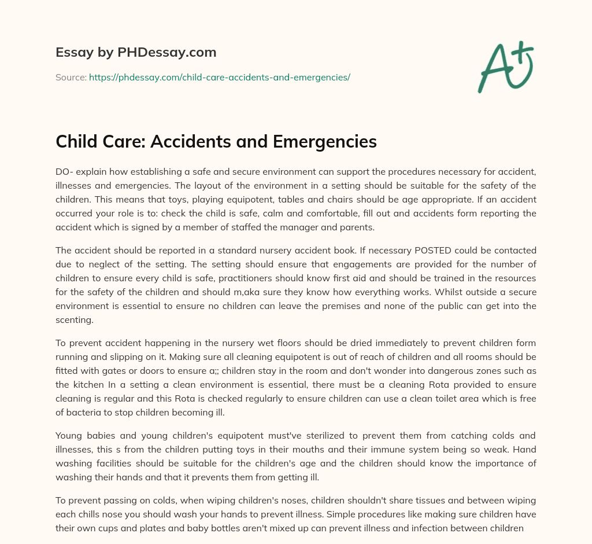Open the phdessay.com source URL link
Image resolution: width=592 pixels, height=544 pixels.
(219, 77)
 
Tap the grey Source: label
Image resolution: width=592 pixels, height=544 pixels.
(71, 77)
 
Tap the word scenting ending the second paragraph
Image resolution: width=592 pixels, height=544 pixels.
(74, 320)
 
